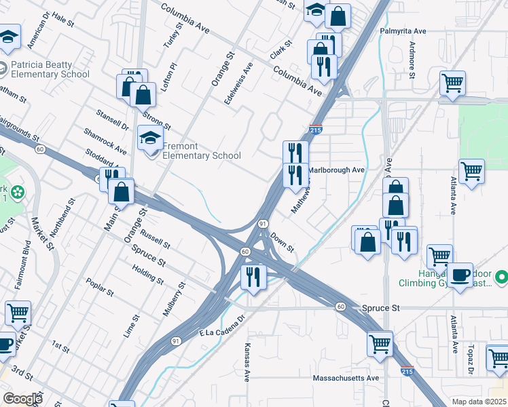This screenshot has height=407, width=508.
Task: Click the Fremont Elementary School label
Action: [201, 151]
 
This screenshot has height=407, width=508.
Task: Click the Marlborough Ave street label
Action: [337, 170]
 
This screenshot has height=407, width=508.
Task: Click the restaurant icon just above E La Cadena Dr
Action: [254, 277]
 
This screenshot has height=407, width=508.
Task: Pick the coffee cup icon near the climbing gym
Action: [460, 275]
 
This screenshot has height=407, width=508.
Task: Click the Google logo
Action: [22, 399]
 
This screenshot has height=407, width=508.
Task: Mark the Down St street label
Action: [282, 241]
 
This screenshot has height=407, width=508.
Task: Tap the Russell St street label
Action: [158, 235]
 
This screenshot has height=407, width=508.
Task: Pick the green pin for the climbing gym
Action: [501, 277]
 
